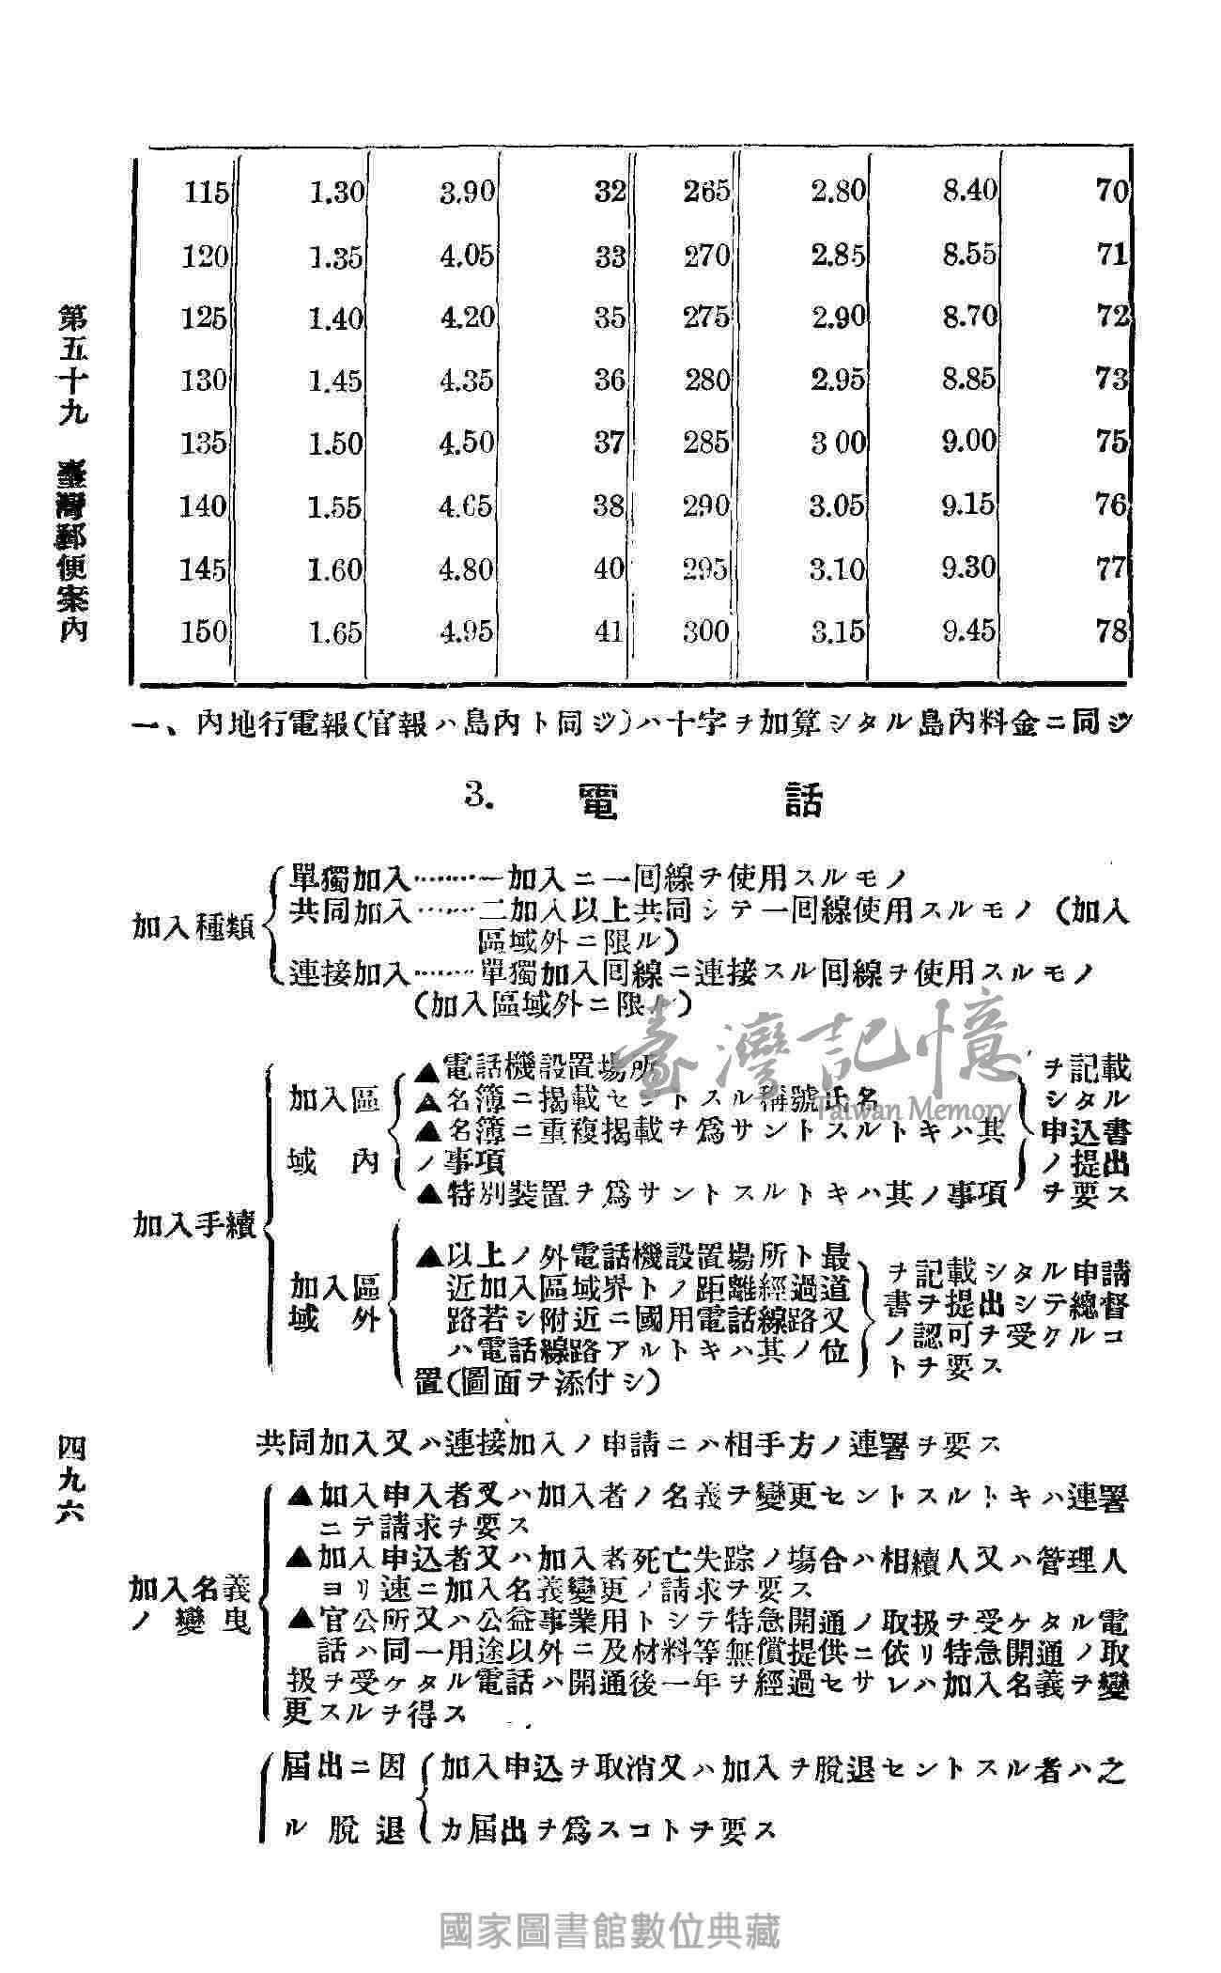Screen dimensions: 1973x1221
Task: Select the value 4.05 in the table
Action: [467, 256]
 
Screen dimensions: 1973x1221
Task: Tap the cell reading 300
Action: [705, 631]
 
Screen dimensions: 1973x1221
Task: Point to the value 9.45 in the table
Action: [968, 631]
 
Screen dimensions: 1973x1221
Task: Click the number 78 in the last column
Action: [1111, 631]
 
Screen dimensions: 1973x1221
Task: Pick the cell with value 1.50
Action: [336, 443]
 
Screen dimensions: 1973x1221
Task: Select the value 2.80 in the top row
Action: [838, 193]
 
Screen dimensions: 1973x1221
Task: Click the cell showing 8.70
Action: [968, 318]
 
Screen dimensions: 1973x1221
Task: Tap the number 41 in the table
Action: [609, 631]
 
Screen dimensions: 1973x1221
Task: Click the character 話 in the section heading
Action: [799, 800]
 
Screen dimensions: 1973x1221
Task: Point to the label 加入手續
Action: [193, 1225]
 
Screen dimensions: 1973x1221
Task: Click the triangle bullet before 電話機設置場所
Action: [427, 1070]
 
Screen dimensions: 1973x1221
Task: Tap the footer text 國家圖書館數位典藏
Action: [610, 1932]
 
